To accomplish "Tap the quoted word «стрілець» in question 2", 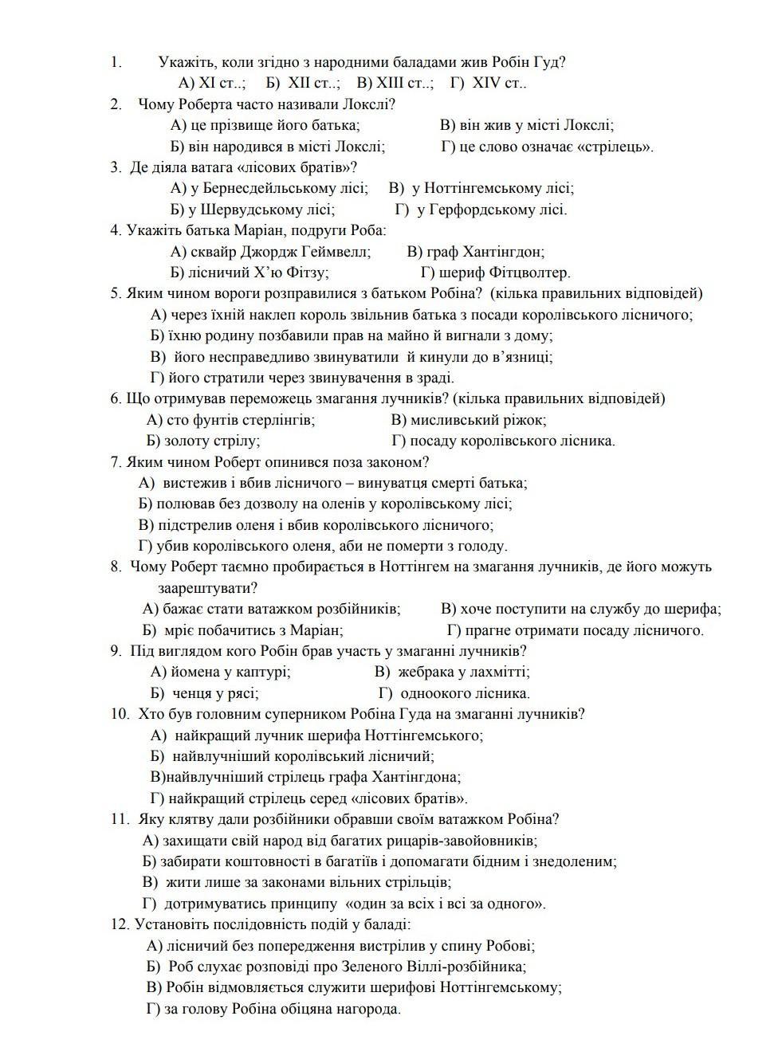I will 613,147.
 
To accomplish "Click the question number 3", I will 116,167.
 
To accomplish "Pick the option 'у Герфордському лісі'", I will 491,210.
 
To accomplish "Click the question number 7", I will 116,461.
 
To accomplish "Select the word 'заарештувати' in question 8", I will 207,588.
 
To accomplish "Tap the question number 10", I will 120,714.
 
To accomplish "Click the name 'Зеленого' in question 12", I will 372,967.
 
